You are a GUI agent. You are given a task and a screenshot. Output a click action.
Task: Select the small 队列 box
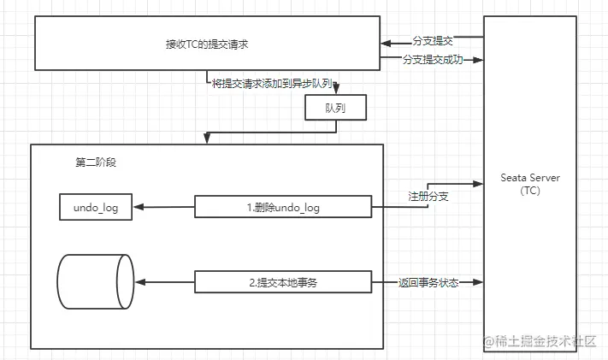point(336,109)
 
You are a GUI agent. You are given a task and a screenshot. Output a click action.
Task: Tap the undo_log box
point(96,207)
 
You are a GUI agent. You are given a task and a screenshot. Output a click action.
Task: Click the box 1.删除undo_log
point(283,207)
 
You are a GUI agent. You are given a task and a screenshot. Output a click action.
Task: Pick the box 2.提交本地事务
point(283,282)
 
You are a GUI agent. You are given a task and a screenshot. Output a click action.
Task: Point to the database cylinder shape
point(95,281)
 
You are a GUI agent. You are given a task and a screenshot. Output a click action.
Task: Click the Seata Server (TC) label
point(529,184)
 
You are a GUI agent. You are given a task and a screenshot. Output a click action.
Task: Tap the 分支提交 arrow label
point(432,40)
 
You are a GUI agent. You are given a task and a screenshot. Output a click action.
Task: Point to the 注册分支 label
point(428,197)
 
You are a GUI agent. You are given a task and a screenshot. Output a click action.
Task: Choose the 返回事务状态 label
point(428,282)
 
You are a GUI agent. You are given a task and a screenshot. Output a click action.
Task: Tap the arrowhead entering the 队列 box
point(336,91)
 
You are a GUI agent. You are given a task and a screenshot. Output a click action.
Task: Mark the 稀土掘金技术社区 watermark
point(540,340)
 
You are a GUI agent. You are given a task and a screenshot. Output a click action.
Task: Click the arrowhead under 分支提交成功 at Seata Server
point(480,60)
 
